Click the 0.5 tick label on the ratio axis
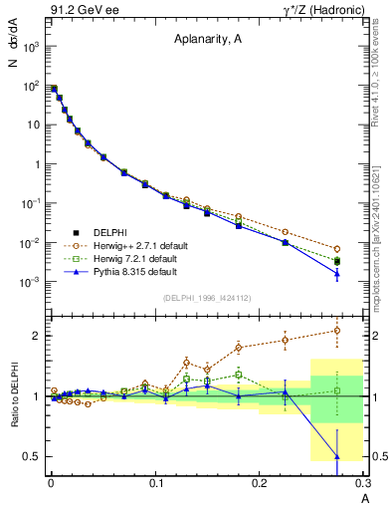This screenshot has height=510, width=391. pos(32,457)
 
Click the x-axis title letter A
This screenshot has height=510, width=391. pos(364,497)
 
